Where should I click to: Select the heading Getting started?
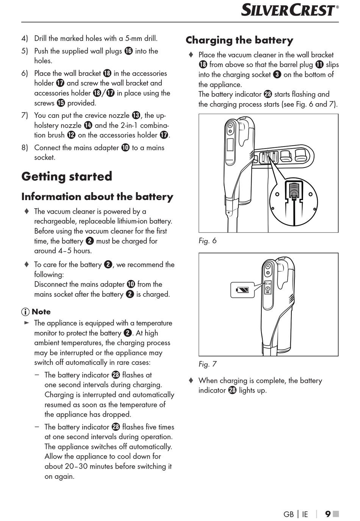click(x=67, y=176)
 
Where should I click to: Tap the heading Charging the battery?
click(x=239, y=40)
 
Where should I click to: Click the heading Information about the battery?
click(x=97, y=197)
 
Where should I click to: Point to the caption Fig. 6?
click(x=207, y=241)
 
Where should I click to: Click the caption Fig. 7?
click(x=207, y=364)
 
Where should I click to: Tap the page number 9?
click(x=328, y=514)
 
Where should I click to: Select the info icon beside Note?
click(x=25, y=312)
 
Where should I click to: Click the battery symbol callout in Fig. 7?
click(x=243, y=290)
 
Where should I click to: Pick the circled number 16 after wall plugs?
click(x=128, y=51)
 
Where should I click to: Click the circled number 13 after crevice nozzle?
click(x=136, y=115)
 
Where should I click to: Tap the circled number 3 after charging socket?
click(x=277, y=75)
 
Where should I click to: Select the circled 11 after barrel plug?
click(x=319, y=64)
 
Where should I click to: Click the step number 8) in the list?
click(x=25, y=147)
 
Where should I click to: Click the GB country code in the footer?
click(x=288, y=514)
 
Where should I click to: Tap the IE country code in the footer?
click(x=305, y=514)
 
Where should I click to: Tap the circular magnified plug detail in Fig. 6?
click(x=293, y=202)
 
